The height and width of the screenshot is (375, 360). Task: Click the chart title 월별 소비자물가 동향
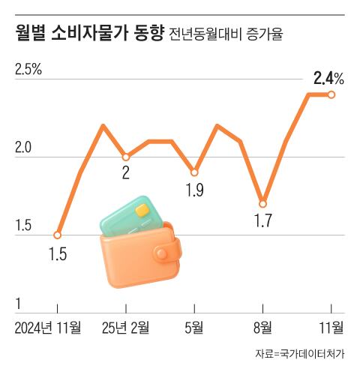(88, 34)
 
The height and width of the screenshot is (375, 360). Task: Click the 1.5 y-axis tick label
(24, 226)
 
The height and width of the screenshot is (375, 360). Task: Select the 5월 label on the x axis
(193, 328)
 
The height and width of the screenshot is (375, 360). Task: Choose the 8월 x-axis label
(262, 328)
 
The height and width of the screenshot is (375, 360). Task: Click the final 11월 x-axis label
(330, 328)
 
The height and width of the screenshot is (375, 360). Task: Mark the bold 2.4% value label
(328, 77)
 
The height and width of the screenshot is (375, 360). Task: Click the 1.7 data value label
(263, 221)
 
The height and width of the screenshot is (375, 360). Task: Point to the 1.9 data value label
(194, 190)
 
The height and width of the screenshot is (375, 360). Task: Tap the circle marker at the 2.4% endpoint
(331, 94)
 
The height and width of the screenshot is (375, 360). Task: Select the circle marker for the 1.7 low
(262, 203)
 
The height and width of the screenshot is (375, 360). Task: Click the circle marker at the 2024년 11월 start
(57, 235)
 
